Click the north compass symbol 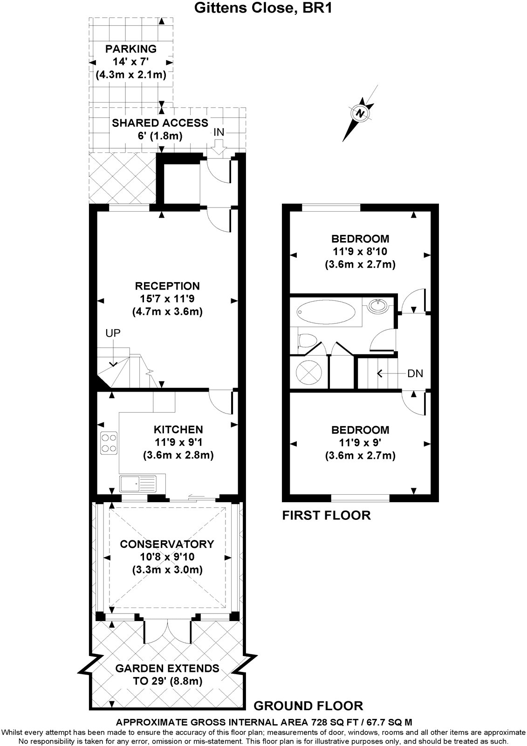(x=359, y=112)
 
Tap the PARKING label (x=130, y=49)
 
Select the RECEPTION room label (x=167, y=286)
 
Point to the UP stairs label (x=113, y=333)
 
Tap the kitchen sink (x=138, y=484)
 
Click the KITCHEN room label (x=178, y=429)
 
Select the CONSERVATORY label (x=167, y=544)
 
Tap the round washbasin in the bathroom (x=377, y=306)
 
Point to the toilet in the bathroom (x=306, y=341)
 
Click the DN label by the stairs (x=415, y=373)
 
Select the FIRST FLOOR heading (x=327, y=515)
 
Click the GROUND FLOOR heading (x=308, y=705)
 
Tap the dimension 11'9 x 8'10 (x=360, y=252)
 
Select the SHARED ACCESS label (x=160, y=123)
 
